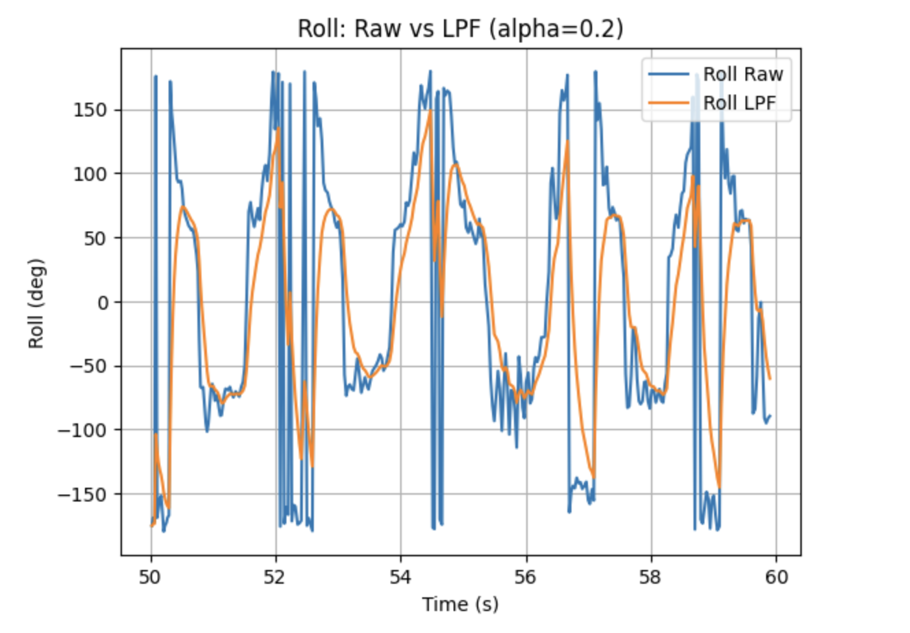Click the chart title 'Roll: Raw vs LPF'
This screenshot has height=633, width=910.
(x=460, y=29)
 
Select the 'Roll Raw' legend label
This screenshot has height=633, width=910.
(x=743, y=74)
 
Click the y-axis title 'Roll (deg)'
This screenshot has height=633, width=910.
(x=36, y=303)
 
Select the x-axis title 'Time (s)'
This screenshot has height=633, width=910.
(x=460, y=604)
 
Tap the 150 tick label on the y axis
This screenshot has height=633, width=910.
(x=91, y=110)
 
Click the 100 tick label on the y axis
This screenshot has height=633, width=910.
(x=91, y=174)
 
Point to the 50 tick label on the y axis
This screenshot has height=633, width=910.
(x=96, y=238)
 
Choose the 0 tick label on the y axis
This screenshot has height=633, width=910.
(x=103, y=302)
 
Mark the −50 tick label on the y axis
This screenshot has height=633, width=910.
(x=88, y=367)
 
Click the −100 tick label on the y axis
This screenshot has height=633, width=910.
(x=84, y=430)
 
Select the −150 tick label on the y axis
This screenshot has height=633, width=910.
(x=84, y=495)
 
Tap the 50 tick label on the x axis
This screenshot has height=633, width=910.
(x=151, y=577)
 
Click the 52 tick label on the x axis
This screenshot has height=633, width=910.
(x=275, y=577)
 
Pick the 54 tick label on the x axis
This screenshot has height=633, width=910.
(x=401, y=577)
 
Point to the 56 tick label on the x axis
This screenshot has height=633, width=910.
(x=526, y=577)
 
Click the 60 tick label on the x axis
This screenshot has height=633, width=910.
(x=776, y=577)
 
